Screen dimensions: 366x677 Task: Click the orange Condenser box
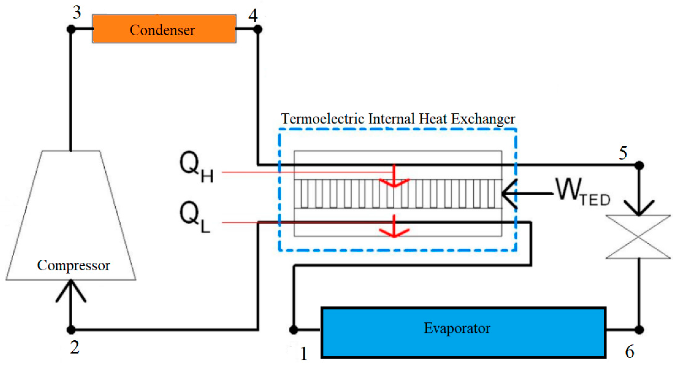coord(164,29)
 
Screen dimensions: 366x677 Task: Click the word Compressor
coord(73,265)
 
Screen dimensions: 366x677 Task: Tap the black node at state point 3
coord(71,29)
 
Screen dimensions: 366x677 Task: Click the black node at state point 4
coord(258,29)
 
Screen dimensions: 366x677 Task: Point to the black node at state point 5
coord(639,165)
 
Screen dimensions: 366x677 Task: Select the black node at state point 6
coord(639,329)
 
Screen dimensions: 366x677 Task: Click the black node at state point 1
coord(294,329)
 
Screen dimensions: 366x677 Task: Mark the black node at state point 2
coord(71,329)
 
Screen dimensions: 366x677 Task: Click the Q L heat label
coord(195,216)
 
